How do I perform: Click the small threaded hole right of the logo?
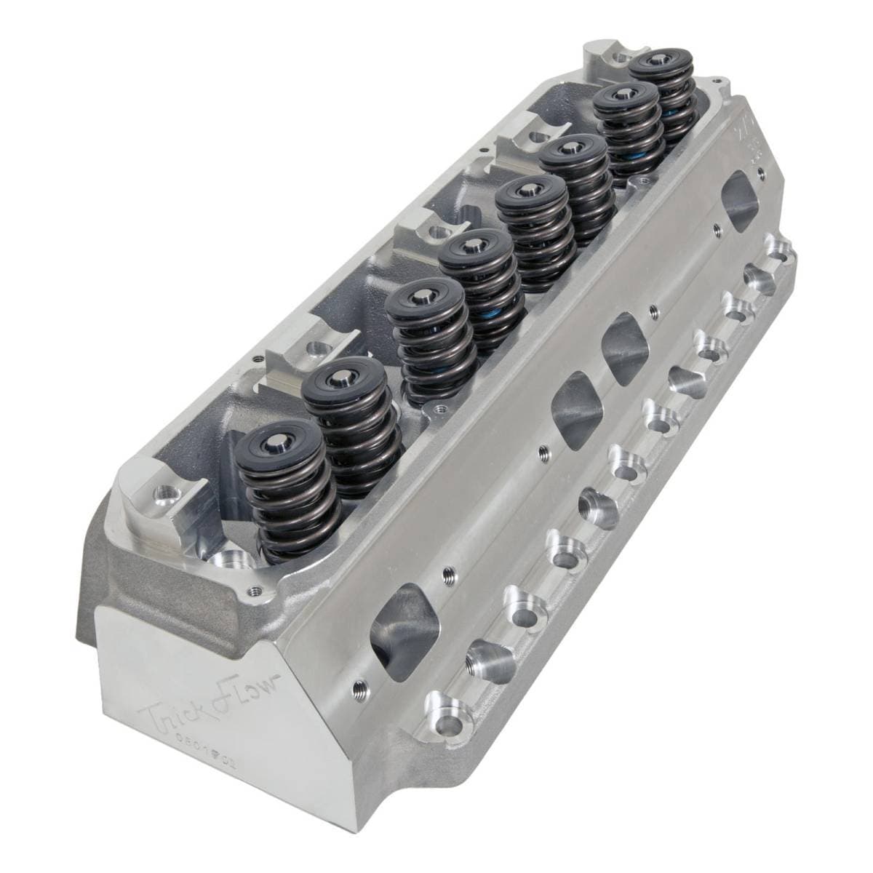[357, 686]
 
